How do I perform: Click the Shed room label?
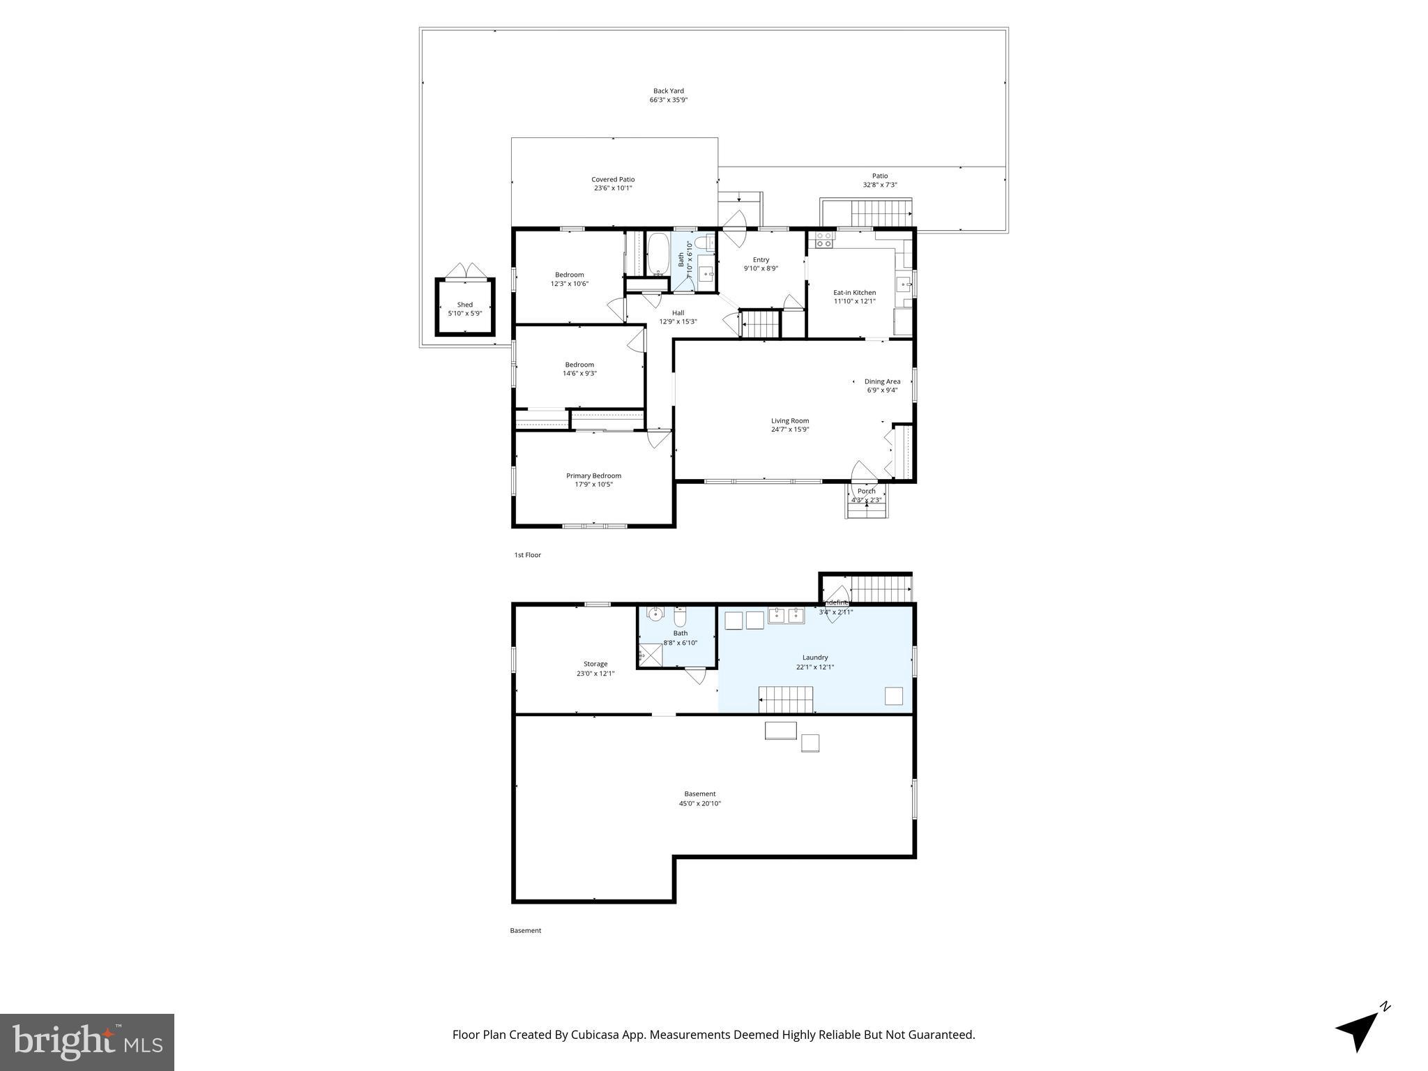(x=464, y=305)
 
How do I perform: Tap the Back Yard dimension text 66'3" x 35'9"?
(x=668, y=100)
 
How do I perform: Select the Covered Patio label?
(x=613, y=179)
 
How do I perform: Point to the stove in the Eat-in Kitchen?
(x=824, y=240)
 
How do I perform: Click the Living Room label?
(x=789, y=420)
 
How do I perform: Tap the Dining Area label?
(x=882, y=381)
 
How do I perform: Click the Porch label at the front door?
(x=866, y=491)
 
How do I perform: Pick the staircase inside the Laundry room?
(x=786, y=699)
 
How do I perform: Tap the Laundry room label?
(x=814, y=658)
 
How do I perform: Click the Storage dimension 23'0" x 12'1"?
(x=595, y=674)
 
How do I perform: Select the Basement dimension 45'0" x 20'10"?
(x=699, y=803)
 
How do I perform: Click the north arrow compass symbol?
(x=1360, y=1031)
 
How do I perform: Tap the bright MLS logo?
(x=87, y=1042)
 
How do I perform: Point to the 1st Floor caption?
(x=527, y=555)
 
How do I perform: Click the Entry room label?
(x=761, y=259)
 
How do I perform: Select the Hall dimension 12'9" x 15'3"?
(x=678, y=321)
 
